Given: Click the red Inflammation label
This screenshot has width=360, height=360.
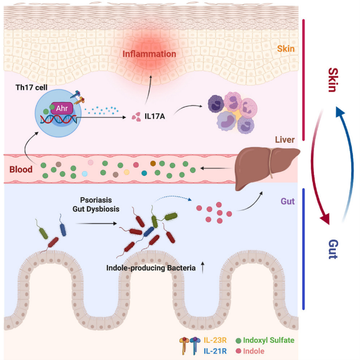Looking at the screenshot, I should (x=149, y=54).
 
